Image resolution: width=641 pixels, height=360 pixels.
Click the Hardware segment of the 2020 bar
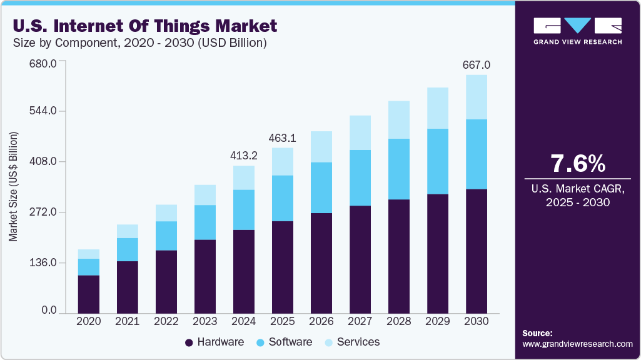point(89,294)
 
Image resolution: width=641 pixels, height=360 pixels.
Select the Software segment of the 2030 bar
point(477,154)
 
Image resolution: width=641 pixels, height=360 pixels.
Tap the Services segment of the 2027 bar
point(360,132)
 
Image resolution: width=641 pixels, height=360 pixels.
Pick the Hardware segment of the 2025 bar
point(283,267)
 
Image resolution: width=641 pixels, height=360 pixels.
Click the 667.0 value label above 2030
point(477,65)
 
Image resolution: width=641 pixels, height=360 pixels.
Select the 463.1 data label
point(283,138)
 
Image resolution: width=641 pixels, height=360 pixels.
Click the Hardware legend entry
point(215,342)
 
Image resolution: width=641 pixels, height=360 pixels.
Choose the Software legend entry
point(284,342)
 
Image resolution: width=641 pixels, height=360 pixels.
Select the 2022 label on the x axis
point(166,321)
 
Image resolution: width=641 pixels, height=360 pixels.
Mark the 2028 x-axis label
point(399,321)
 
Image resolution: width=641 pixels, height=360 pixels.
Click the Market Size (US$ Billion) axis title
point(13,186)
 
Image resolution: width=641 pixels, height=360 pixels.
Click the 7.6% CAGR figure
point(578,164)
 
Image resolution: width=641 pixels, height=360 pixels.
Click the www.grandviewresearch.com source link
point(577,344)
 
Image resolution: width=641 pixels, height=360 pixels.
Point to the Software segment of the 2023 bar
point(205,222)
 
